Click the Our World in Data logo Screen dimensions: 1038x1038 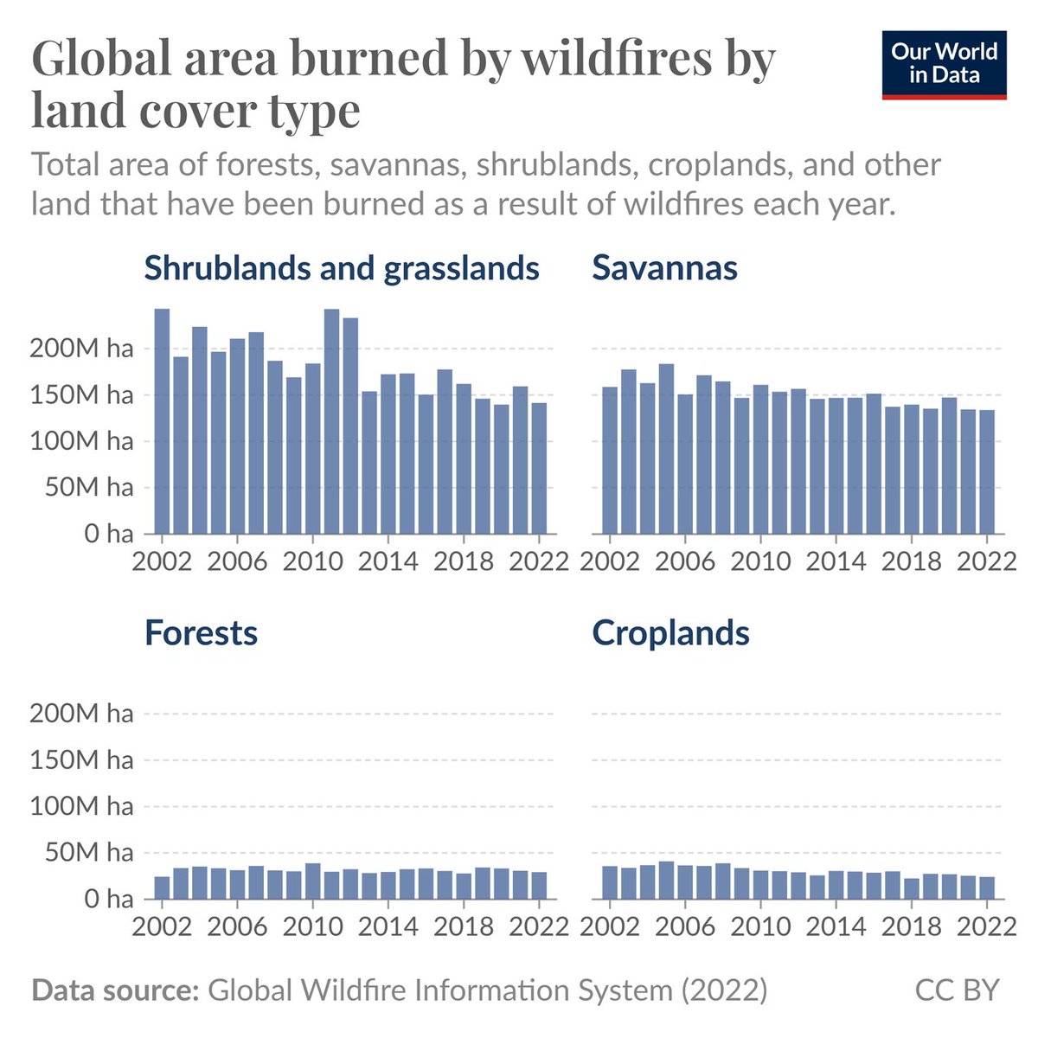(x=944, y=65)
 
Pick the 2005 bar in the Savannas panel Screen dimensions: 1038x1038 (x=666, y=449)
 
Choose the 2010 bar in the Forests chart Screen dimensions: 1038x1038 (x=313, y=881)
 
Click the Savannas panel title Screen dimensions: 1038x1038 (x=664, y=268)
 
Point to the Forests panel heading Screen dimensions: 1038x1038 (x=201, y=633)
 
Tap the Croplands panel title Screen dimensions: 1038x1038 (x=670, y=633)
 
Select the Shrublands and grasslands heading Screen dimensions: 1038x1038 (x=342, y=268)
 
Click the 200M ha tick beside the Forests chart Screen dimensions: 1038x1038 (x=81, y=714)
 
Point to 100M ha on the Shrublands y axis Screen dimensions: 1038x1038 (x=81, y=441)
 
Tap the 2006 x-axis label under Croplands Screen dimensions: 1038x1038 (x=685, y=926)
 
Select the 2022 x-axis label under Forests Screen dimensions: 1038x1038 (x=539, y=926)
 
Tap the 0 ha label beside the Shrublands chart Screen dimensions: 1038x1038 (x=108, y=534)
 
